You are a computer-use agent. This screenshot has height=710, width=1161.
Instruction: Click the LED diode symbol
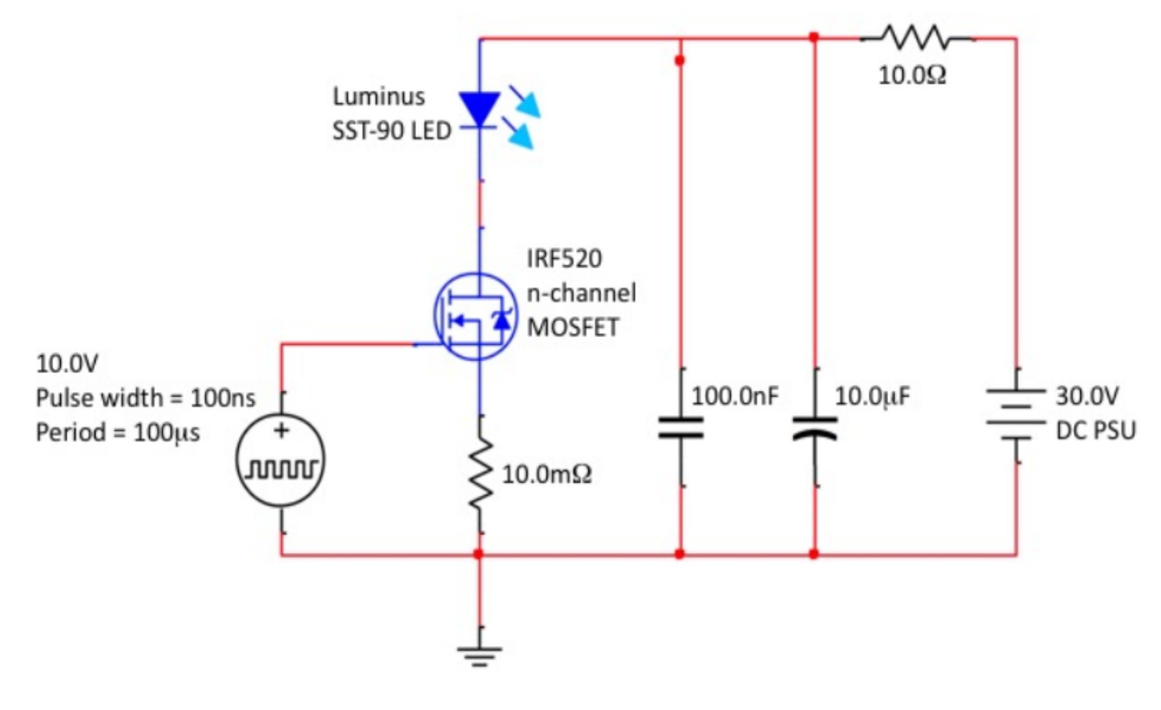(480, 110)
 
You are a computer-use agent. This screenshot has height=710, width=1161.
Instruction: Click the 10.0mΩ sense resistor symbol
(480, 474)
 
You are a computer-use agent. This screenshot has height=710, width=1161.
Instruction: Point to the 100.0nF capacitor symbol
(680, 427)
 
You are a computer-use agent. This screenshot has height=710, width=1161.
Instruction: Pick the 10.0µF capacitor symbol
(815, 427)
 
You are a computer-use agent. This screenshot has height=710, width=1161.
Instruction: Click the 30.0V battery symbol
(1016, 415)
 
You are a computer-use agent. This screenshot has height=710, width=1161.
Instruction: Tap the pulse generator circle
(281, 460)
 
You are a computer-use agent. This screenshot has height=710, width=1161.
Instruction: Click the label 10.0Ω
(912, 76)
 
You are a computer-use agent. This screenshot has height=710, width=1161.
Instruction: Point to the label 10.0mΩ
(547, 474)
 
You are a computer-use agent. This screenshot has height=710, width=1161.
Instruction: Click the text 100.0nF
(735, 396)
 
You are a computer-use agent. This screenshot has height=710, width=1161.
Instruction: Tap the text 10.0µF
(872, 396)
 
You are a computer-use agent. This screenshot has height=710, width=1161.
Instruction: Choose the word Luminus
(379, 96)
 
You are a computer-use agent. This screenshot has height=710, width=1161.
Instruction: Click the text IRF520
(564, 258)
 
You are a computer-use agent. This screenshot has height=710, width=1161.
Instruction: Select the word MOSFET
(573, 327)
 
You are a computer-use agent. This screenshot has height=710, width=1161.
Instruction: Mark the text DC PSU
(1096, 430)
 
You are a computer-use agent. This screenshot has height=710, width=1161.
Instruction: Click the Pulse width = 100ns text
(145, 398)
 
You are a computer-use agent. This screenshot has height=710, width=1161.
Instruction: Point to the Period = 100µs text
(118, 433)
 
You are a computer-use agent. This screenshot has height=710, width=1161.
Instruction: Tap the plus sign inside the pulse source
(281, 431)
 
